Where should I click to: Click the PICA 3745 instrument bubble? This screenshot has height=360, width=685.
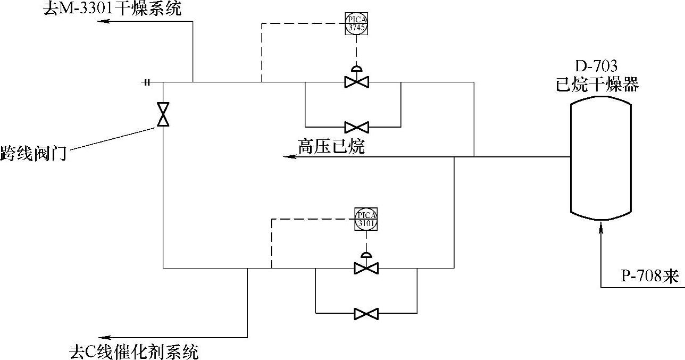click(x=356, y=24)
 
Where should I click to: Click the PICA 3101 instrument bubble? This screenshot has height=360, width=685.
click(x=366, y=219)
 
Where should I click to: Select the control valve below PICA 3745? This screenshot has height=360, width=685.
click(x=356, y=82)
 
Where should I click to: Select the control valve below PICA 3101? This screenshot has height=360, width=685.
click(x=366, y=268)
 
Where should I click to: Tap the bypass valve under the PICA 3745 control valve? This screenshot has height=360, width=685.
click(x=356, y=127)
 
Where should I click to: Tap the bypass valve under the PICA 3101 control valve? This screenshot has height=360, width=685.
click(x=366, y=313)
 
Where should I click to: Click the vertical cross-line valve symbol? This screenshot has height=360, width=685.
click(x=163, y=114)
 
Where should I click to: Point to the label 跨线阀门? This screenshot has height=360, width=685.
click(x=33, y=154)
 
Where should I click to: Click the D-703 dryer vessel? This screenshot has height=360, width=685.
click(x=601, y=158)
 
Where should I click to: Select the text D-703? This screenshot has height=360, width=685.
click(x=597, y=67)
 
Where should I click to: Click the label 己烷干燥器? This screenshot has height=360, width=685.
click(x=597, y=85)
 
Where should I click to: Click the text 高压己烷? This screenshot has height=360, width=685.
click(x=331, y=146)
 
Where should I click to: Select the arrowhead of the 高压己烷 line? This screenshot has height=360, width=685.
click(x=287, y=157)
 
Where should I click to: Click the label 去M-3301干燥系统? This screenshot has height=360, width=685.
click(x=112, y=9)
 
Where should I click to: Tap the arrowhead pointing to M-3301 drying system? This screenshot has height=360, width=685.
click(x=101, y=21)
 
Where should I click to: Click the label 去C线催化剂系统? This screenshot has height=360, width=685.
click(x=134, y=351)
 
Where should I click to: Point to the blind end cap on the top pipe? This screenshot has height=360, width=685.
click(x=147, y=82)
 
